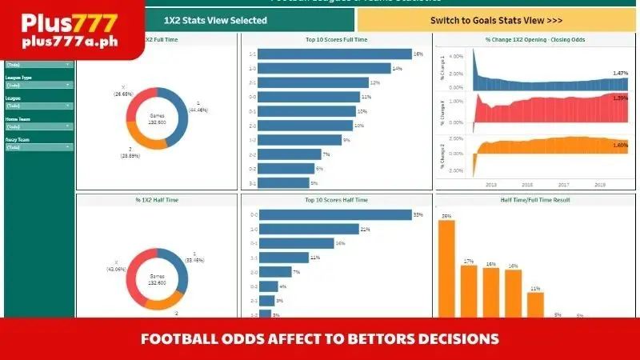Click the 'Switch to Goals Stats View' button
pyautogui.click(x=496, y=20)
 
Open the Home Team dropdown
pyautogui.click(x=38, y=126)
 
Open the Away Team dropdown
pyautogui.click(x=38, y=147)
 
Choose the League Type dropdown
pyautogui.click(x=38, y=85)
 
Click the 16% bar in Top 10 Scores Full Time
pyautogui.click(x=335, y=54)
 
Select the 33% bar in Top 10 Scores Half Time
pyautogui.click(x=335, y=214)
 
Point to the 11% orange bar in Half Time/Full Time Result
pyautogui.click(x=535, y=305)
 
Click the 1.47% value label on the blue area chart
pyautogui.click(x=620, y=74)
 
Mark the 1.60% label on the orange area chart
pyautogui.click(x=620, y=146)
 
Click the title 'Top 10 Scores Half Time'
pyautogui.click(x=336, y=199)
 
